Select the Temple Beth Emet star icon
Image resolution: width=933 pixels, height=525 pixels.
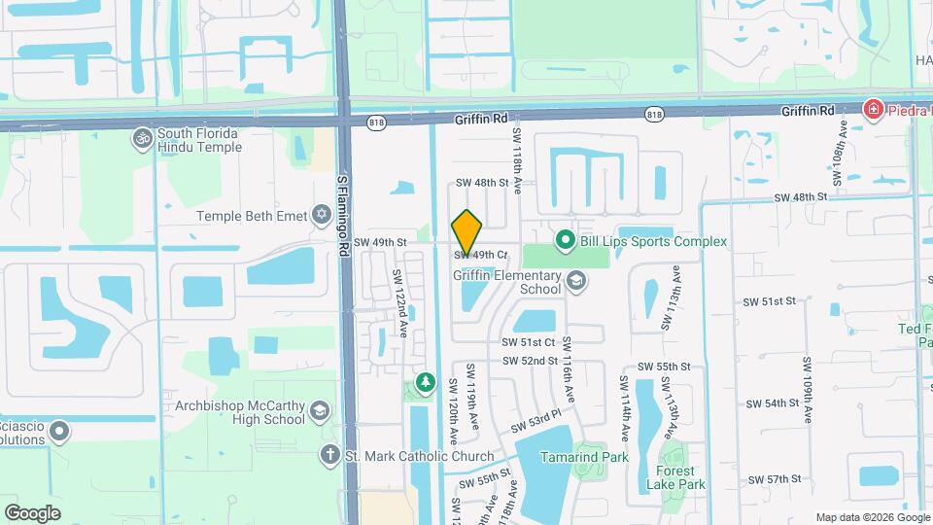coord(322,215)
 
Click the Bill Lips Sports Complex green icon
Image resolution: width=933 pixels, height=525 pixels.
coord(565,239)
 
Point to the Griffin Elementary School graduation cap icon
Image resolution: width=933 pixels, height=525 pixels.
coord(577,282)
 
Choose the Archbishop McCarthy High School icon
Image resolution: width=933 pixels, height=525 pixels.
coord(319,413)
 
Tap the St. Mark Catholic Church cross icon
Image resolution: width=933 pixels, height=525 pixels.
coord(329,455)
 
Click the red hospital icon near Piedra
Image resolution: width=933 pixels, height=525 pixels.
coord(874,109)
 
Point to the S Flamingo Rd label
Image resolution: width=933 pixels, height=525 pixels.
coord(342,216)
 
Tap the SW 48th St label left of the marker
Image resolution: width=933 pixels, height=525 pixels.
coord(483,183)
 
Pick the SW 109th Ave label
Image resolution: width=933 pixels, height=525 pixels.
coord(807,390)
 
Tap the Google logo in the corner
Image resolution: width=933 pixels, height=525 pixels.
coord(32,512)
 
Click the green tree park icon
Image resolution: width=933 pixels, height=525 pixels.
coord(425,381)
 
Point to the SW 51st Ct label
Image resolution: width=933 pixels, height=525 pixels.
coord(528,342)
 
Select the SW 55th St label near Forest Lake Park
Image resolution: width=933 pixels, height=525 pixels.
coord(664,367)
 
